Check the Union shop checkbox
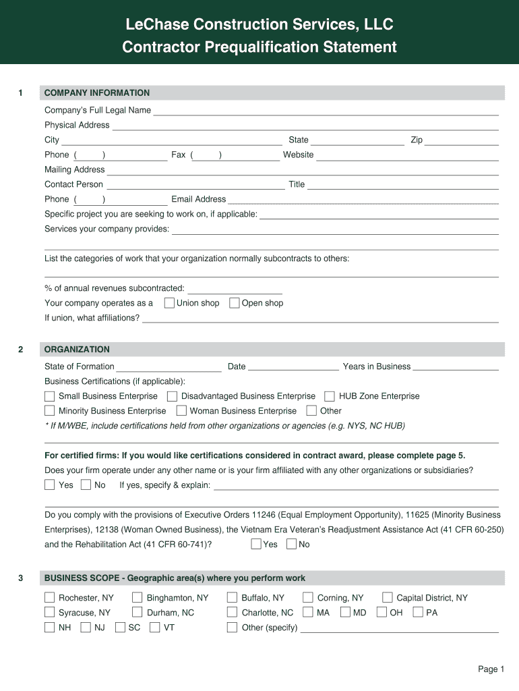[x=169, y=303]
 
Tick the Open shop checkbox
[x=235, y=303]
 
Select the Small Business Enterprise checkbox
[x=50, y=396]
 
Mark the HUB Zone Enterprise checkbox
[x=330, y=396]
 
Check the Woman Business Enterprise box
[x=181, y=411]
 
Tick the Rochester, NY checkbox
[x=50, y=598]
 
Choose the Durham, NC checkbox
[x=138, y=613]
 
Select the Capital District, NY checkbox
[x=388, y=598]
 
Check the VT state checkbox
[x=155, y=628]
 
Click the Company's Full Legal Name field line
[x=326, y=111]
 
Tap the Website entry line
[x=407, y=156]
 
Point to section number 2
[x=21, y=350]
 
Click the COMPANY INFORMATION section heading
[x=97, y=93]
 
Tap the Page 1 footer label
[x=491, y=669]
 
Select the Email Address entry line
[x=363, y=200]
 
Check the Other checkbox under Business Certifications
[x=311, y=411]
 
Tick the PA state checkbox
[x=418, y=613]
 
